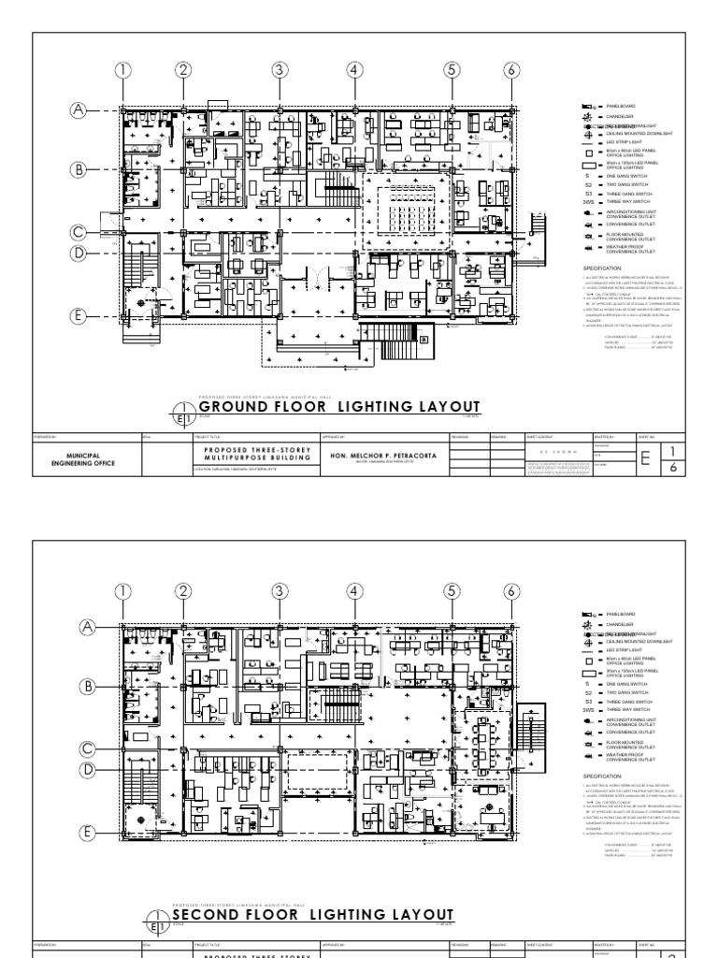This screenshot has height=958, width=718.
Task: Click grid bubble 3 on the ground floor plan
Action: click(x=279, y=69)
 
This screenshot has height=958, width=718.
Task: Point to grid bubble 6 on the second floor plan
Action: click(x=510, y=590)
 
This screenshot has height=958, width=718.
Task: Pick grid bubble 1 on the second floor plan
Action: click(x=122, y=590)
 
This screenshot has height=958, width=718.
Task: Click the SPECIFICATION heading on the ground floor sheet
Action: click(x=609, y=267)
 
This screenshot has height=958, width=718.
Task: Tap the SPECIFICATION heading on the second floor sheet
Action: click(x=609, y=776)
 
